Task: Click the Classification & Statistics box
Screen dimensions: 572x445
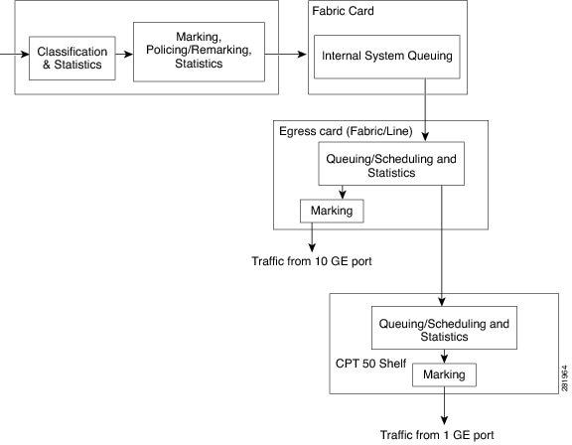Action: pyautogui.click(x=72, y=58)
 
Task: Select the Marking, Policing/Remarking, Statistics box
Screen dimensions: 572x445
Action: pyautogui.click(x=199, y=52)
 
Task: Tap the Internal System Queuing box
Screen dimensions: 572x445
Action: pyautogui.click(x=387, y=57)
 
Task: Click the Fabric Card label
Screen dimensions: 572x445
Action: pyautogui.click(x=343, y=11)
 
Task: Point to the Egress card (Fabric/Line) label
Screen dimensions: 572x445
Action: pyautogui.click(x=346, y=131)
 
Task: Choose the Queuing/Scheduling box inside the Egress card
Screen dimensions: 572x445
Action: pyautogui.click(x=391, y=164)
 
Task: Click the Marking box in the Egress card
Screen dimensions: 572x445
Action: pyautogui.click(x=332, y=211)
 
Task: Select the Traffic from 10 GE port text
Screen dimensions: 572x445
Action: pyautogui.click(x=312, y=261)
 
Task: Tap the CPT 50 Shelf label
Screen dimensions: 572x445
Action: pyautogui.click(x=370, y=364)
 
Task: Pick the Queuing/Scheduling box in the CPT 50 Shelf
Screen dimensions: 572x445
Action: pyautogui.click(x=444, y=328)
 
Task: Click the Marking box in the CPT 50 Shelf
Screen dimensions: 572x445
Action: pyautogui.click(x=444, y=374)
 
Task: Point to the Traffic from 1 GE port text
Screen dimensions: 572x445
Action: pyautogui.click(x=437, y=435)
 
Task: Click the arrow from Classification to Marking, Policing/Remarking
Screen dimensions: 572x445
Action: pyautogui.click(x=124, y=55)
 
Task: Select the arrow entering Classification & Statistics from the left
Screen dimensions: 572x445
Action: pyautogui.click(x=15, y=55)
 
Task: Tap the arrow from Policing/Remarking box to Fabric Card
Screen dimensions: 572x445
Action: pyautogui.click(x=286, y=55)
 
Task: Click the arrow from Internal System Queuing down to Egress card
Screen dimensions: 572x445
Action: pyautogui.click(x=425, y=109)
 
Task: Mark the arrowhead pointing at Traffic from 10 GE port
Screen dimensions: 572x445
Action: pyautogui.click(x=312, y=247)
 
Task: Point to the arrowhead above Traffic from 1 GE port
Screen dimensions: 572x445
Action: pyautogui.click(x=444, y=419)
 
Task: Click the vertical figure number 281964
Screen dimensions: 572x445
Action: pyautogui.click(x=565, y=378)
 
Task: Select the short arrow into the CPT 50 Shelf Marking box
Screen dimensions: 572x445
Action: pyautogui.click(x=444, y=356)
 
